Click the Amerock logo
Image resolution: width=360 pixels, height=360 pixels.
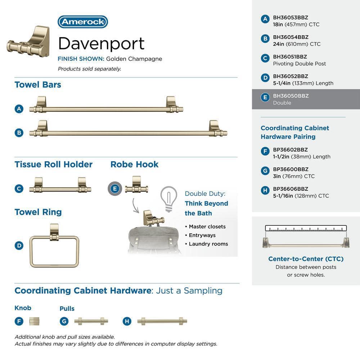pos(83,22)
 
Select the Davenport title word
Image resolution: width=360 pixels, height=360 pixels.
pos(101,44)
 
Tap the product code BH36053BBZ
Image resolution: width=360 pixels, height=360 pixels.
pos(291,17)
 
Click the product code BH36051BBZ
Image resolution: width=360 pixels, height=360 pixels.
pos(290,57)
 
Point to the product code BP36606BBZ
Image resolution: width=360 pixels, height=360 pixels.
pos(291,189)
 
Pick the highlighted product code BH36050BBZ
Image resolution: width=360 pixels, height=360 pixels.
pos(291,96)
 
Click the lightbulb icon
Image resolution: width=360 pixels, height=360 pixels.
pos(169,199)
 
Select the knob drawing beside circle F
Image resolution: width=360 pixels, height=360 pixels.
pos(34,321)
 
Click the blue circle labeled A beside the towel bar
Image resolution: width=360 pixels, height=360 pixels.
pos(19,109)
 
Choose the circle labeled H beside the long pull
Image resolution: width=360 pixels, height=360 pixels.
pos(127,321)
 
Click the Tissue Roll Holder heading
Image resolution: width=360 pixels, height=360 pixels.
pos(54,165)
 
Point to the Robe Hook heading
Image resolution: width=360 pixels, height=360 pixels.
pos(134,165)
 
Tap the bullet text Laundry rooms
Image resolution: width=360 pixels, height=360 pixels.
pos(208,244)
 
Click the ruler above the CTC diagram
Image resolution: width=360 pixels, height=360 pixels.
pos(306,228)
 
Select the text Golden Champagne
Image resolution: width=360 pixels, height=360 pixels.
pos(134,59)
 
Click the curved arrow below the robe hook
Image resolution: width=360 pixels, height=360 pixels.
pos(135,206)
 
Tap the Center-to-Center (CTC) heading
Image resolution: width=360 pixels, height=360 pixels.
pos(306,259)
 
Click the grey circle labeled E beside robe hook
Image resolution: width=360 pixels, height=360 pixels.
pos(115,189)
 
